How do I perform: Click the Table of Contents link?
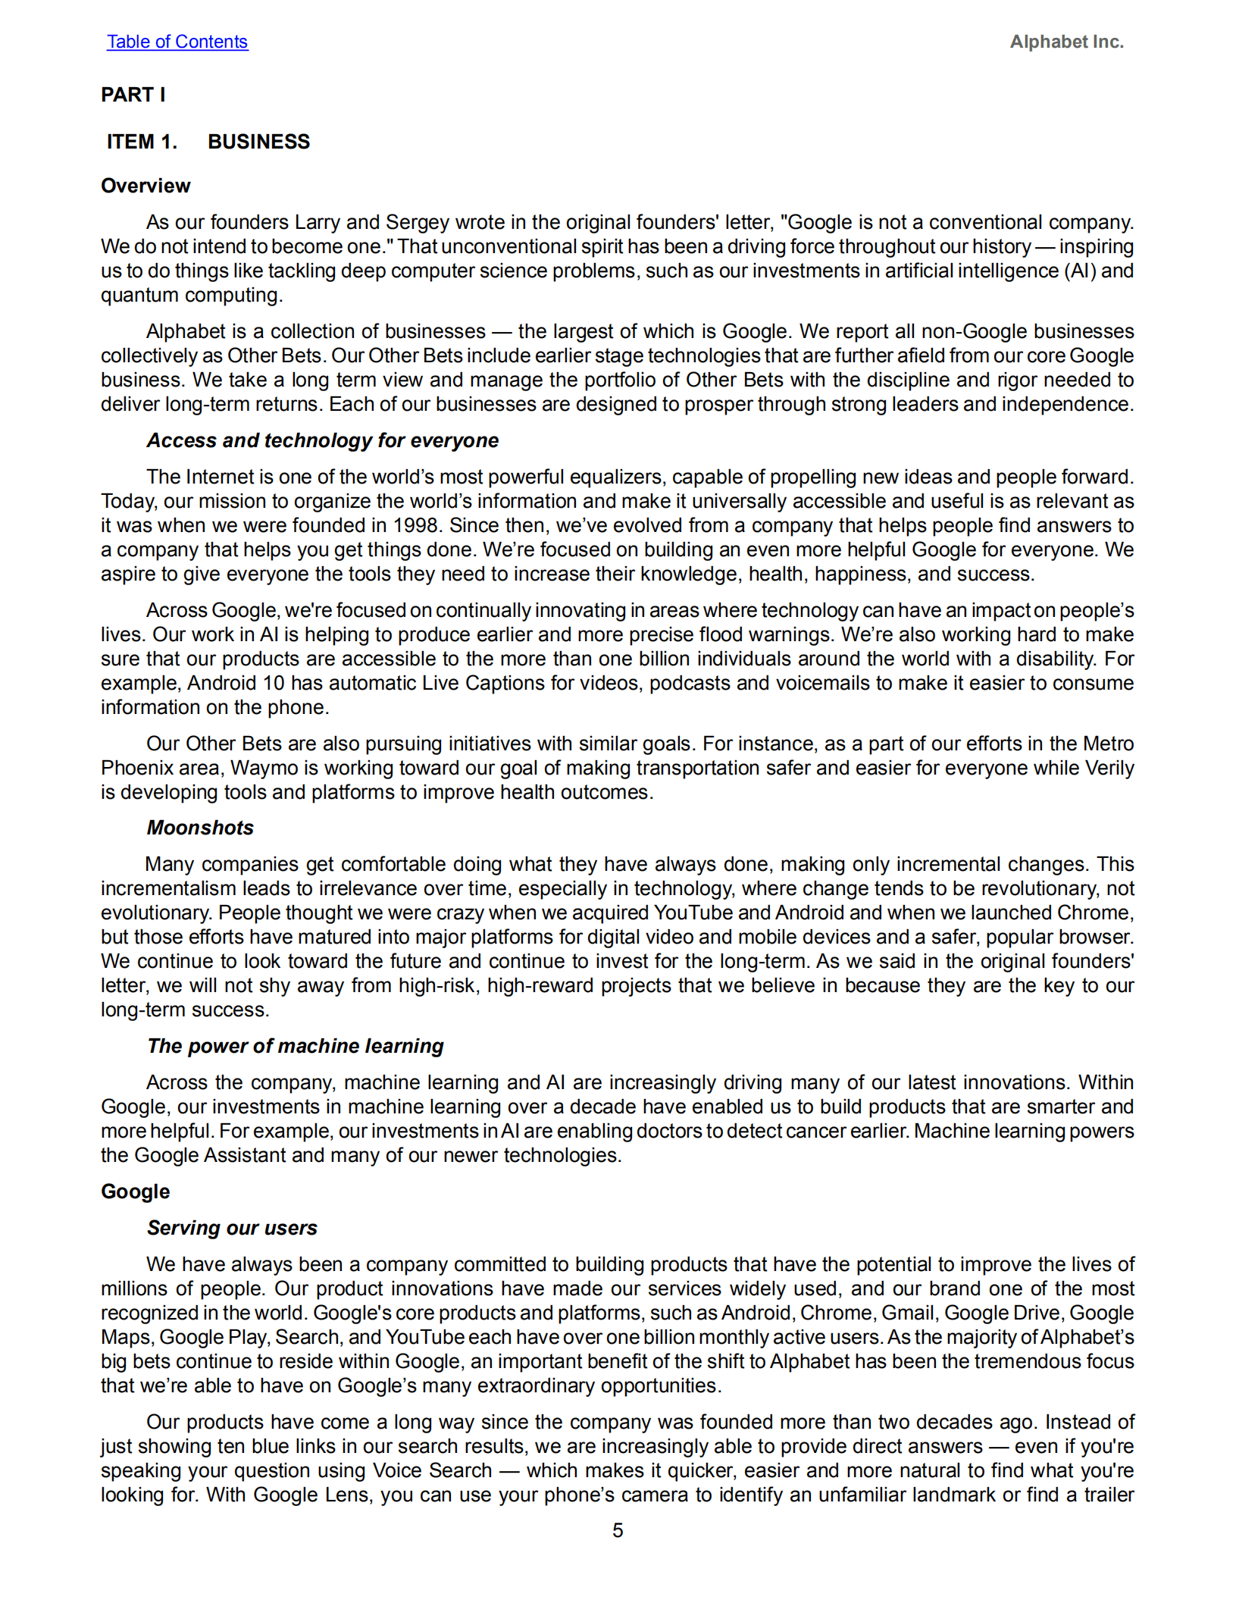177,42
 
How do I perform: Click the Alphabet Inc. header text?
1066,42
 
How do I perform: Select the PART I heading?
133,95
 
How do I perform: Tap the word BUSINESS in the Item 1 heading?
258,142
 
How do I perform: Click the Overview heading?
146,186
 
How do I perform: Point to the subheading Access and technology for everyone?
322,440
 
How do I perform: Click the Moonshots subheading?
200,828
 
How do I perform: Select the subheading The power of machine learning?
295,1046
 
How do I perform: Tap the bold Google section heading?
135,1191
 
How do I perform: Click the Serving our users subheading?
232,1228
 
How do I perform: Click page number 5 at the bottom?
618,1530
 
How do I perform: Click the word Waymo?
264,768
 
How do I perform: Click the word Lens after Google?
348,1495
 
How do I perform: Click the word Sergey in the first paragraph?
418,222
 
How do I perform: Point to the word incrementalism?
168,888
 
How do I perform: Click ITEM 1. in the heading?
142,142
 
